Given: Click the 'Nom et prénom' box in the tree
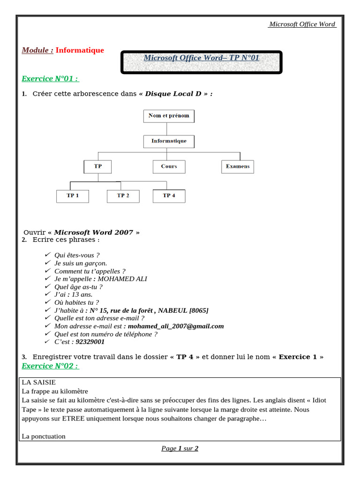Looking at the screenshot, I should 168,116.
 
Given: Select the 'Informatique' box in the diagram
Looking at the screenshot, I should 168,141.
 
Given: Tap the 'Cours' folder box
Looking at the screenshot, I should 169,166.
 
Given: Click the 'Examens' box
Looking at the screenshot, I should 237,166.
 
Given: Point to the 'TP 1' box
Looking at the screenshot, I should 72,195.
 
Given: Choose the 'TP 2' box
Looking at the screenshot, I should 123,195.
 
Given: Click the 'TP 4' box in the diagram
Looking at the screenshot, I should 169,195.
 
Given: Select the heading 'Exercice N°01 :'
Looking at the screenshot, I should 50,78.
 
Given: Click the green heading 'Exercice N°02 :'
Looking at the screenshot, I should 50,366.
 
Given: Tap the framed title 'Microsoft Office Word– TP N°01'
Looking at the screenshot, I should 201,58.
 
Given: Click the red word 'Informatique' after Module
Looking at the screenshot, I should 80,50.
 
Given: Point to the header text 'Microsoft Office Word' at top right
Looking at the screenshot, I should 302,24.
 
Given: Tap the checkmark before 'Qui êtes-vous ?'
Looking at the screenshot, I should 47,255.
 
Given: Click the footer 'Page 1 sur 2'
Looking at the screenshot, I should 180,449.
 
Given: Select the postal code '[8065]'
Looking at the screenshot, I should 199,310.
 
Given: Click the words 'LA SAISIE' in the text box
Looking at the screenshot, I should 38,382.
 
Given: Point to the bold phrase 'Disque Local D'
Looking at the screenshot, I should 173,94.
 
